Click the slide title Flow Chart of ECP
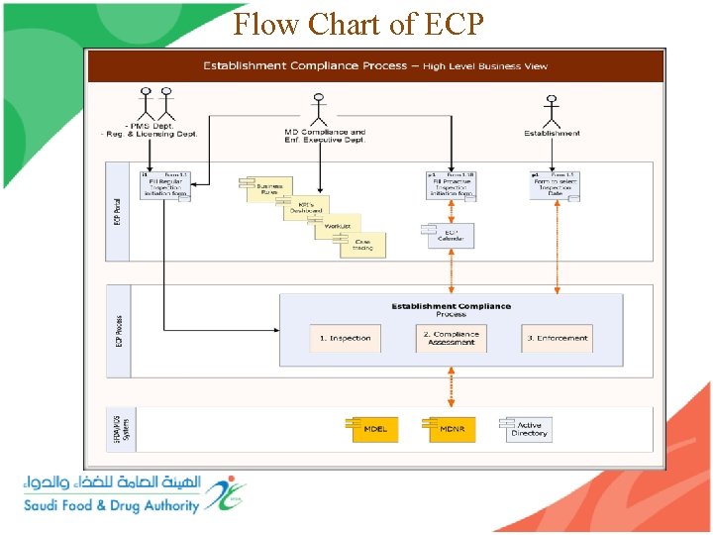click(358, 24)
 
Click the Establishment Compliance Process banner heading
click(374, 66)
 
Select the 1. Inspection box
click(345, 338)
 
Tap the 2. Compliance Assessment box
click(452, 338)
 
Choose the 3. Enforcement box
click(558, 338)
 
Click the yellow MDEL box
click(375, 429)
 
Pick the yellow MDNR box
click(453, 429)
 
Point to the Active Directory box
click(527, 429)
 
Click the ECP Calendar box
click(451, 236)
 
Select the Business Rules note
click(267, 189)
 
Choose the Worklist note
click(338, 227)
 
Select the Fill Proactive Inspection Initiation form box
click(452, 185)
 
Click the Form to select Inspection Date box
click(555, 184)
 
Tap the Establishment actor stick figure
click(552, 108)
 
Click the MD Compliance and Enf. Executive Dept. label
click(325, 136)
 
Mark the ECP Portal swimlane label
click(118, 210)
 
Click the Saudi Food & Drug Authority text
click(112, 505)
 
